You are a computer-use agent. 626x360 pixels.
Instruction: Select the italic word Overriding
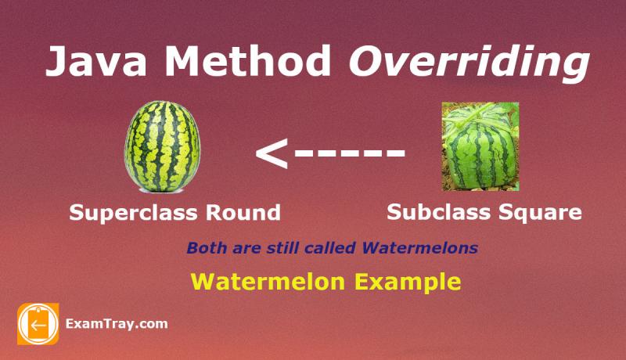[468, 63]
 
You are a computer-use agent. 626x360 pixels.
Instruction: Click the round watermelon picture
[163, 147]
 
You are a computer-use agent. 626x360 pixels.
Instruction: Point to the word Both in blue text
[204, 249]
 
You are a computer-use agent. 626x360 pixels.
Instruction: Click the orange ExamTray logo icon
[38, 323]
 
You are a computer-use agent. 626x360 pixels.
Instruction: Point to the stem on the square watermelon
[477, 110]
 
